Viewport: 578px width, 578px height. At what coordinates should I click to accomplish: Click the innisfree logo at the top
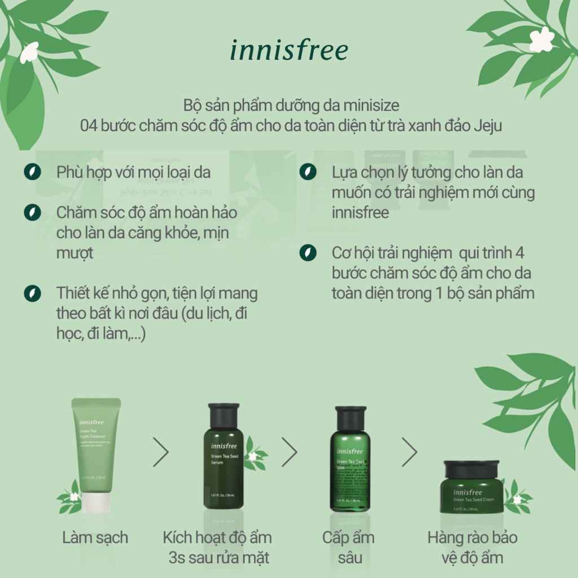point(288,50)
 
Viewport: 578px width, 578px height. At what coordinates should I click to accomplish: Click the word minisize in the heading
point(375,106)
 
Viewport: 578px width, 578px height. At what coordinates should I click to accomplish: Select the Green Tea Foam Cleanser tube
point(96,446)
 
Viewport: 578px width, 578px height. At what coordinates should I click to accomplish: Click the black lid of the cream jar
point(471,469)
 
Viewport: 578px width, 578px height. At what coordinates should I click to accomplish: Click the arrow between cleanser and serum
point(161,452)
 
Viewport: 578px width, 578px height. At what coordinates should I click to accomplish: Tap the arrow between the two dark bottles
point(289,452)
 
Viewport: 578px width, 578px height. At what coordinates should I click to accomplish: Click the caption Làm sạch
point(95,537)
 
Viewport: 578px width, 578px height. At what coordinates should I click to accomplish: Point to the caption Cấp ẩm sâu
point(348,548)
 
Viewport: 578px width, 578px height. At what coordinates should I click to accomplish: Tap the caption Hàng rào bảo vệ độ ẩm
point(472,548)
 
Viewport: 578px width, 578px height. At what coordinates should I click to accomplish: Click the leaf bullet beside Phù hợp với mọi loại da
point(32,172)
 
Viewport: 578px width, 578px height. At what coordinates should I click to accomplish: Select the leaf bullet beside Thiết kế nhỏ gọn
point(32,294)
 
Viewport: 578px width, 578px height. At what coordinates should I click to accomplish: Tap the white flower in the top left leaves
point(29,52)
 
